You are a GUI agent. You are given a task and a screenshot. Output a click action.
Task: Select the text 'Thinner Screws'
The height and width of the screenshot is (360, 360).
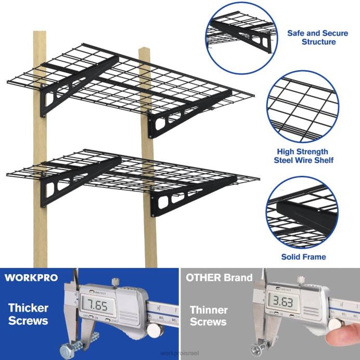click(x=208, y=316)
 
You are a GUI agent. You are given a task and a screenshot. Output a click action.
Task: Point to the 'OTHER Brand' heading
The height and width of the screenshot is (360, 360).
click(x=219, y=277)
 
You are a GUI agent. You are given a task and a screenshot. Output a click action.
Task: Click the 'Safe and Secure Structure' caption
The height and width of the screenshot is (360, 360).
click(x=311, y=37)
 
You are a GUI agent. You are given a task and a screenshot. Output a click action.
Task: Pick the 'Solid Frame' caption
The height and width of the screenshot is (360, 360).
click(x=303, y=256)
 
